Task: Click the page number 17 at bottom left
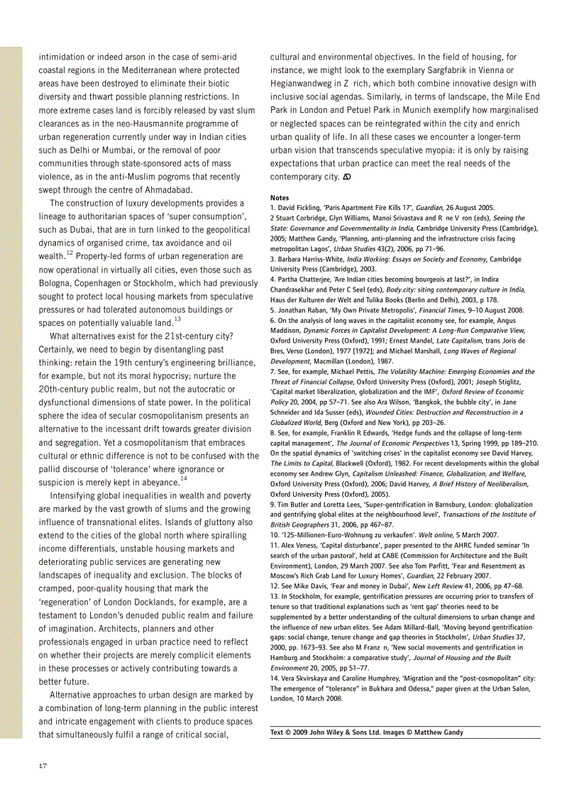click(x=43, y=765)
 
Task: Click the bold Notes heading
click(x=280, y=197)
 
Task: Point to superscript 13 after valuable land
click(x=177, y=319)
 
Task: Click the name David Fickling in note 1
click(x=299, y=206)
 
